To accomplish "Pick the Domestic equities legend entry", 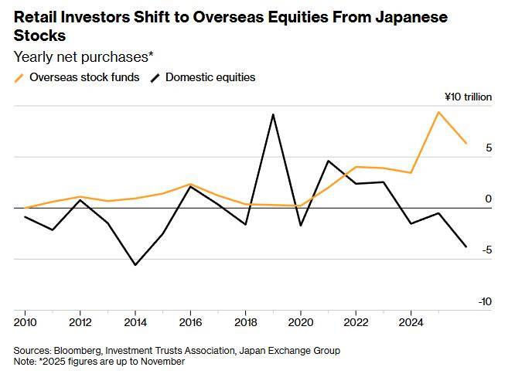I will click(210, 77).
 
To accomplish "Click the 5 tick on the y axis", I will click(488, 148).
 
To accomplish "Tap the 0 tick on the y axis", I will click(488, 199).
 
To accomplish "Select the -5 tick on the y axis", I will click(486, 250).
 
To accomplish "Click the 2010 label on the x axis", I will click(26, 321).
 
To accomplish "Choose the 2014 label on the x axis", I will click(135, 321).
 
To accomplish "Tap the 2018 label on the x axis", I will click(246, 321).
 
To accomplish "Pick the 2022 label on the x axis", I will click(356, 321).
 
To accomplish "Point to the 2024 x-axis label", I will click(411, 321).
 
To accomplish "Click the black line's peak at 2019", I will click(273, 114).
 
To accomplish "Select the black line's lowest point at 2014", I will click(135, 265).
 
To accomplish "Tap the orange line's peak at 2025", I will click(438, 112).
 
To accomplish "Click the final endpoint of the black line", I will click(466, 246).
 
